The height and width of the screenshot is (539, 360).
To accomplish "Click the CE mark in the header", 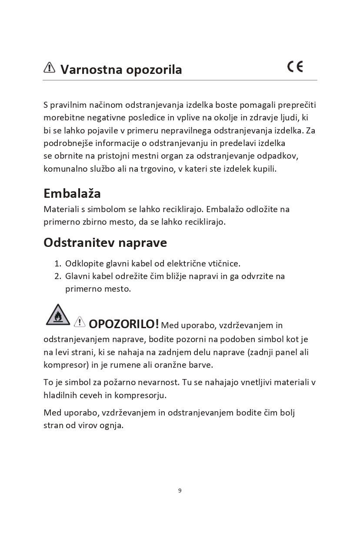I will tap(295, 67).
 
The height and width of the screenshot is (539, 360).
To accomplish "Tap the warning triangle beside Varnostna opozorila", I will tap(50, 67).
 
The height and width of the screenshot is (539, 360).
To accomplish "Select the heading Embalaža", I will tap(72, 193).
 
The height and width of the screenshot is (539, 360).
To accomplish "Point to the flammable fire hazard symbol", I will tap(58, 315).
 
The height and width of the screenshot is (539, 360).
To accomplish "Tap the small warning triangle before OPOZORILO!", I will tap(80, 322).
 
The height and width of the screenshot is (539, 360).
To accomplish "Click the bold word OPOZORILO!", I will tap(123, 324).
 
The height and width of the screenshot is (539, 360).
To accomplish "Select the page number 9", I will tap(180, 490).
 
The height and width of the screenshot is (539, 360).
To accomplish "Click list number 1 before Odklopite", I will tap(57, 264).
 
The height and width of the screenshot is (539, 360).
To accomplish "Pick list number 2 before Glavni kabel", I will tap(57, 276).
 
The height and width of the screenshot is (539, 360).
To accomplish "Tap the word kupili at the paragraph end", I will tap(264, 169).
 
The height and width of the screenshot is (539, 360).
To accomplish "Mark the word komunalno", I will tap(64, 169).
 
